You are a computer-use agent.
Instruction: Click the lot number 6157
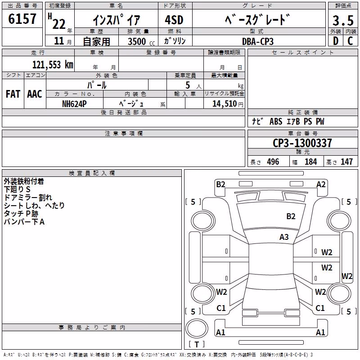(x=22, y=19)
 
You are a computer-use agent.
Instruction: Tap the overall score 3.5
(x=343, y=20)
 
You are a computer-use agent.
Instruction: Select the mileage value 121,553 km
(x=53, y=65)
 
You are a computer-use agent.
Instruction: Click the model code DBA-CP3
(x=258, y=41)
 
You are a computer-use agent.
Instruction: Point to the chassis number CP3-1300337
(x=302, y=143)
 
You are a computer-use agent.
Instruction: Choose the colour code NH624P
(x=74, y=104)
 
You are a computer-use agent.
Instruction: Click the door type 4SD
(x=174, y=20)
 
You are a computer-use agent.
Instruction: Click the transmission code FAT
(x=13, y=94)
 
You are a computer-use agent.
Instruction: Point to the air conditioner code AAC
(x=35, y=94)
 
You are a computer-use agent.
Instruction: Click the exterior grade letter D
(x=336, y=41)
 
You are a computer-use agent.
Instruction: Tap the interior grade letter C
(x=350, y=41)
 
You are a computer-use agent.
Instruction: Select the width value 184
(x=310, y=162)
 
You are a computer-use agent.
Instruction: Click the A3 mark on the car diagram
(x=284, y=237)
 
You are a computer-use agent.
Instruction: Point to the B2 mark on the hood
(x=291, y=216)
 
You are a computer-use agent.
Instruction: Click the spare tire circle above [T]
(x=197, y=328)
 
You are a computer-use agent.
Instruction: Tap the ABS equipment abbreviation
(x=276, y=121)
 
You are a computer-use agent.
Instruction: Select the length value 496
(x=273, y=162)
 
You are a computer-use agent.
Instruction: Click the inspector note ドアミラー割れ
(x=28, y=198)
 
